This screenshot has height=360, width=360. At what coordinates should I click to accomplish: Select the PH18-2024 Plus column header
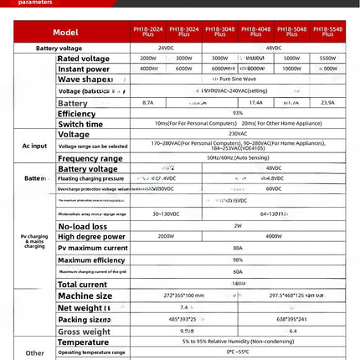pyautogui.click(x=147, y=33)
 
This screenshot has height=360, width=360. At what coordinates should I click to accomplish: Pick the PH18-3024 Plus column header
pyautogui.click(x=183, y=33)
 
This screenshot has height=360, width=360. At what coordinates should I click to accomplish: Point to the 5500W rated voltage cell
pyautogui.click(x=328, y=59)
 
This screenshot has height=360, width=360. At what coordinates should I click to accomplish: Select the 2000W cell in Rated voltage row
pyautogui.click(x=147, y=59)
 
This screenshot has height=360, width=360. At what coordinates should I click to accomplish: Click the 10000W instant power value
pyautogui.click(x=292, y=69)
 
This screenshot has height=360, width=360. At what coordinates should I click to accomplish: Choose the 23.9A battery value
pyautogui.click(x=328, y=101)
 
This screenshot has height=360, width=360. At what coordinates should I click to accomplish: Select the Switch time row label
pyautogui.click(x=80, y=123)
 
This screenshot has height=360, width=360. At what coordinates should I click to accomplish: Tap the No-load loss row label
pyautogui.click(x=82, y=225)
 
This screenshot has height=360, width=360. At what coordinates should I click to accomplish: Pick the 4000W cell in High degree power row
pyautogui.click(x=274, y=236)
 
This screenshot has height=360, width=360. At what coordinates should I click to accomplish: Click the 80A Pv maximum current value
pyautogui.click(x=238, y=248)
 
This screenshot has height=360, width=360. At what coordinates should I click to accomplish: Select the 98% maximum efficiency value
pyautogui.click(x=238, y=260)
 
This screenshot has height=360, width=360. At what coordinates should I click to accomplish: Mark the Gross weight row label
pyautogui.click(x=84, y=332)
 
